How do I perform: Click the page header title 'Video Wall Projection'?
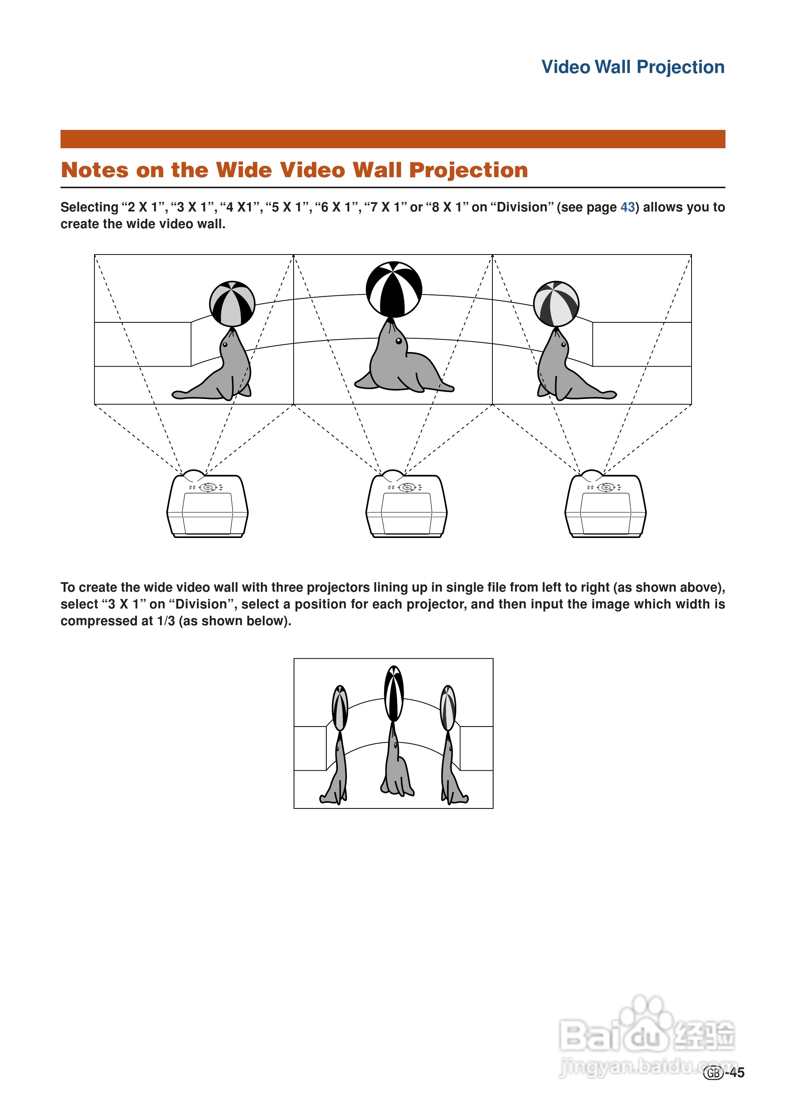632,67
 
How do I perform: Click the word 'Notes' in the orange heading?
95,170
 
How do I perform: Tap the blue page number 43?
627,207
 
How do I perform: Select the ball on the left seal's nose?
232,304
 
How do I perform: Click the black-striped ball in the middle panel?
393,289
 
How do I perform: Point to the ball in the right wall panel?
556,304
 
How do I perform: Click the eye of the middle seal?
398,341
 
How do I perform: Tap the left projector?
207,506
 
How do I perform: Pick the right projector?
605,506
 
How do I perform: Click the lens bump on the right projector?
591,474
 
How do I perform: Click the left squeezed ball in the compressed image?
340,708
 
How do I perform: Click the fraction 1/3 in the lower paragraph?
166,621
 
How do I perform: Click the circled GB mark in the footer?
713,1073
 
